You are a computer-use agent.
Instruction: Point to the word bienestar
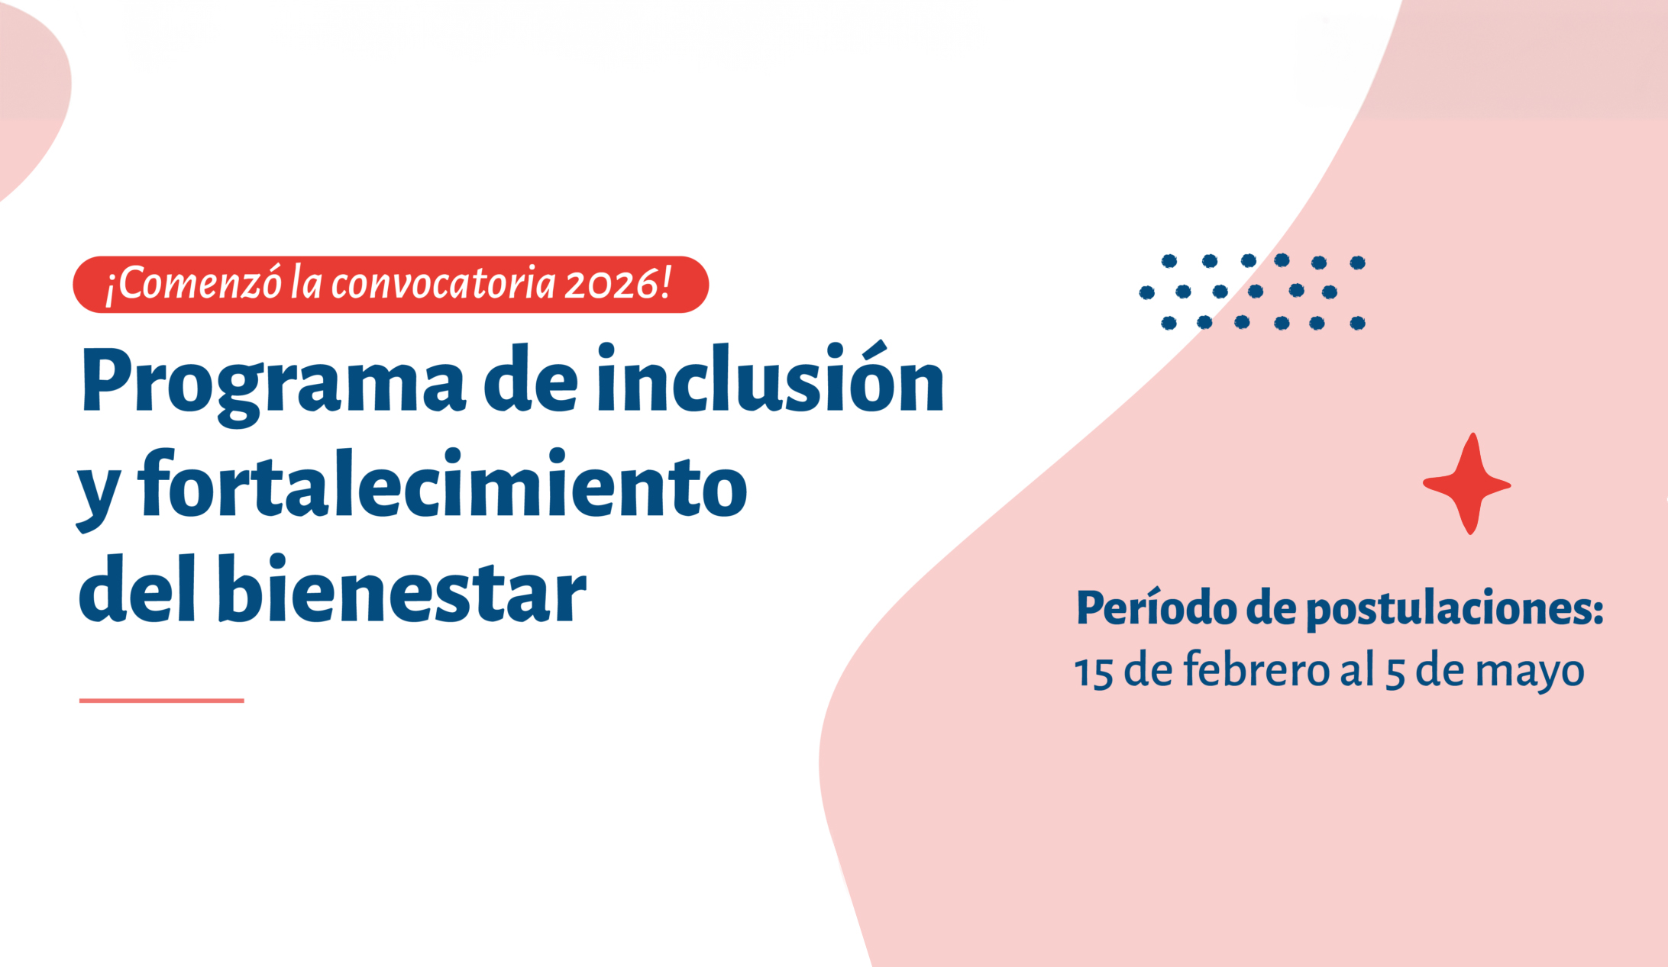pos(402,588)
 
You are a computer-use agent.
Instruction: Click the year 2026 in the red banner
pos(610,284)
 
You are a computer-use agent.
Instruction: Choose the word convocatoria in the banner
pos(443,284)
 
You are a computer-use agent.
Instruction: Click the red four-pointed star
pos(1467,484)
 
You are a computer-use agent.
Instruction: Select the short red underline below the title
pos(162,700)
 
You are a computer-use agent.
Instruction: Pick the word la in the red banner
pos(306,283)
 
